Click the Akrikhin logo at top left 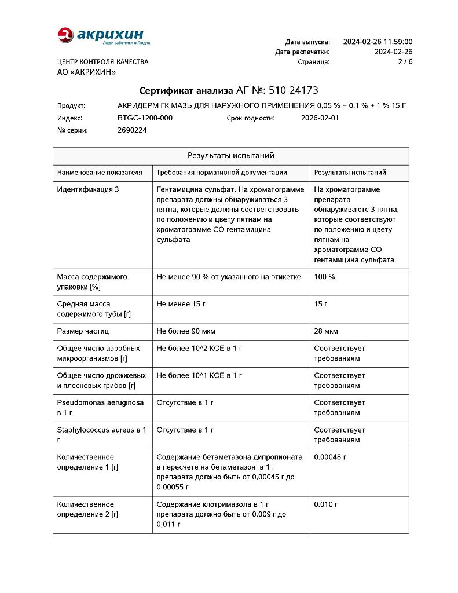tap(104, 36)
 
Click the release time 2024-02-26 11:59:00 tap(378, 42)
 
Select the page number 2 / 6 tap(405, 61)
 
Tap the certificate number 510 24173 tap(293, 90)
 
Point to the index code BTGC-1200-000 tap(145, 118)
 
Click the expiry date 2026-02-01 tap(320, 118)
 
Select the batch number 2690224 tap(132, 130)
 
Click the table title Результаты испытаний tap(230, 156)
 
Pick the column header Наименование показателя tap(100, 173)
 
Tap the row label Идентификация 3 tap(88, 189)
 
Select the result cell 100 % tap(324, 277)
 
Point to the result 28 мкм tap(326, 331)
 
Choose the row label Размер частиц tap(83, 331)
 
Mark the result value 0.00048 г tap(330, 457)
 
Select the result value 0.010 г tap(326, 504)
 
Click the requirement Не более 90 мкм tap(186, 331)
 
